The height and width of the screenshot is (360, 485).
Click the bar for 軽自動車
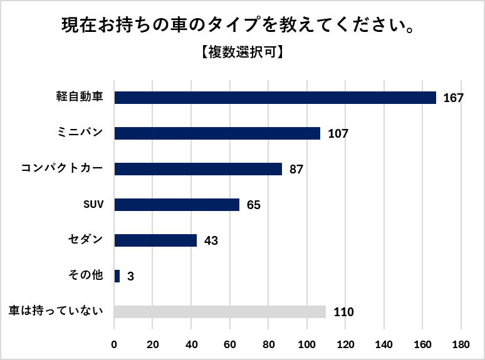pos(275,98)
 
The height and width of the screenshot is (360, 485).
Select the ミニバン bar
pos(217,133)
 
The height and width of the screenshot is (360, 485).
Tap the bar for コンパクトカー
pos(198,169)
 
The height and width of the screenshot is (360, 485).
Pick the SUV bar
pos(177,205)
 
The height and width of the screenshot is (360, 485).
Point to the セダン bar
pos(155,240)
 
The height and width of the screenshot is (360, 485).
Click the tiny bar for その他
pos(117,276)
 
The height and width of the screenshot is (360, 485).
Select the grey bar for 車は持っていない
pos(220,312)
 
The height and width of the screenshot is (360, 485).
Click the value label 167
pos(452,98)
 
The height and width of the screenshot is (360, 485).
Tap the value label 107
pos(337,134)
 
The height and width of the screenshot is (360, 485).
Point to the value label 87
pos(296,170)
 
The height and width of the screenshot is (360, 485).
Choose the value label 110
pos(343,312)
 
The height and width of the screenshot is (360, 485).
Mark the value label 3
pos(130,277)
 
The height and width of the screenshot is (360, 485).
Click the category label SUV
pos(93,205)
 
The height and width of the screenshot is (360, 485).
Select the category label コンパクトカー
pos(61,169)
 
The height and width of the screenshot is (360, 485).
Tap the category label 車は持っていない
pos(56,312)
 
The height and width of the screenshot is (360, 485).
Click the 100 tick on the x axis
pos(306,344)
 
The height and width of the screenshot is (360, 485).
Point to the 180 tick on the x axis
pos(461,344)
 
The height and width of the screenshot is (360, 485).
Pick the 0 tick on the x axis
pos(114,344)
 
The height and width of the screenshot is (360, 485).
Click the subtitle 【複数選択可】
pos(242,53)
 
